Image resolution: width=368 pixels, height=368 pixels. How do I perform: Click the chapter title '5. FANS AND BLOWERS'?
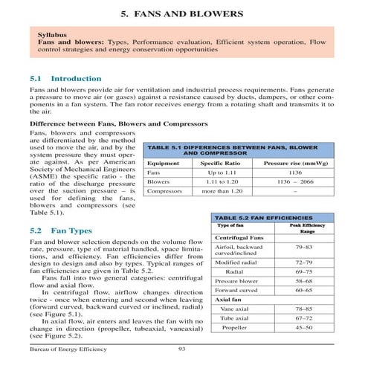(184, 14)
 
